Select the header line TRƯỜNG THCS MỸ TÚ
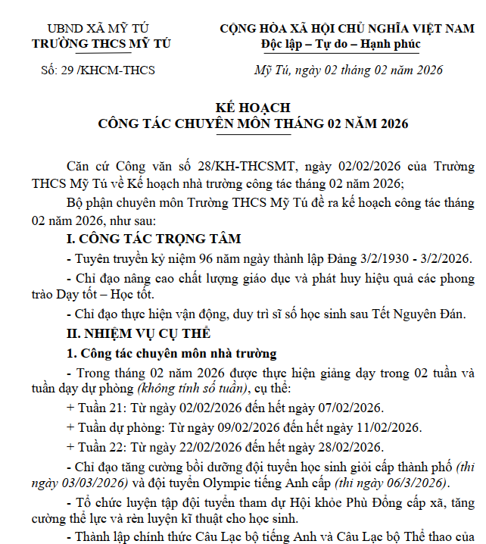coord(101,43)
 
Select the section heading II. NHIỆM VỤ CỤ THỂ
coord(139,333)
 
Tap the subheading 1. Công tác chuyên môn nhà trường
coord(172,353)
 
